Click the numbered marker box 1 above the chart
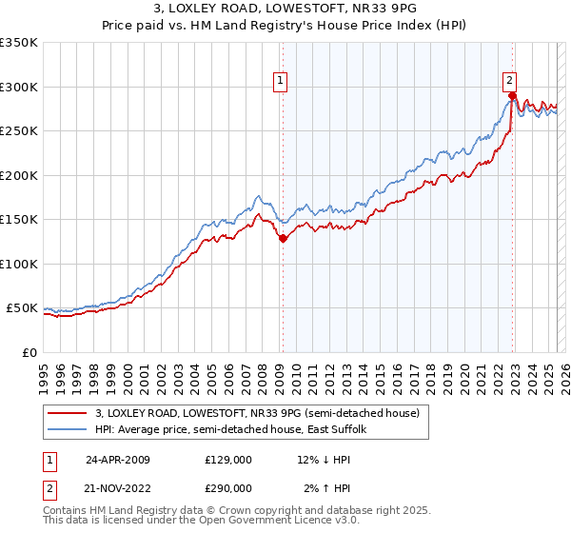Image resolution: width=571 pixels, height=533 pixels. (x=282, y=82)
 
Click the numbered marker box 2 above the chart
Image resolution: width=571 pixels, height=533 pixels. (x=510, y=82)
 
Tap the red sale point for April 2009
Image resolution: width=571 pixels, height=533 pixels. (x=283, y=240)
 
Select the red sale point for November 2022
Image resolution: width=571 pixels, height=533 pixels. (x=512, y=96)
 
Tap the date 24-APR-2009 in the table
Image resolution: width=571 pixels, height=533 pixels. (x=117, y=459)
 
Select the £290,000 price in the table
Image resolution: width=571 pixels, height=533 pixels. (x=228, y=487)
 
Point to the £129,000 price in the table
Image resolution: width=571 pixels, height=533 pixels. (x=228, y=459)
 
